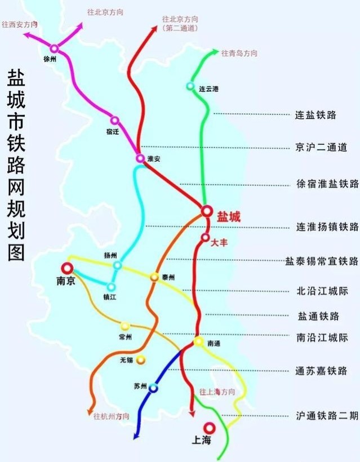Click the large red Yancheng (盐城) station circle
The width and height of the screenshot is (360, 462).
(207, 210)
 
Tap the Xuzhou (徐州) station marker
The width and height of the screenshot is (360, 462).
(54, 48)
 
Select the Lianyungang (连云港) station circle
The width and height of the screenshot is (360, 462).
(190, 86)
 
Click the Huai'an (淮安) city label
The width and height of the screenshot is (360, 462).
(154, 159)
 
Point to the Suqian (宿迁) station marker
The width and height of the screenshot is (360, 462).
(114, 121)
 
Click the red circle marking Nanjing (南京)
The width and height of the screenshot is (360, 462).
(68, 268)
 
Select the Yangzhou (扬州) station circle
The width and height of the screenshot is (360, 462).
(117, 265)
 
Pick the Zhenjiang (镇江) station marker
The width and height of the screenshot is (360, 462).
(112, 287)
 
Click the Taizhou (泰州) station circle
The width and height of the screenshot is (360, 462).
(154, 277)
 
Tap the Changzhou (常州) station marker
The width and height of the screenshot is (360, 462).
(125, 326)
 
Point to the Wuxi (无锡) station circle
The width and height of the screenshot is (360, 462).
(141, 359)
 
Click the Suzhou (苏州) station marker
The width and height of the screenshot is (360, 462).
(153, 388)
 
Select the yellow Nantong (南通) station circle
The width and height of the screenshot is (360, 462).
(198, 342)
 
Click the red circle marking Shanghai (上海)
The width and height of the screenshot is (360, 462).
(210, 427)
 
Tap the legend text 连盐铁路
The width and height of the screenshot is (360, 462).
(315, 115)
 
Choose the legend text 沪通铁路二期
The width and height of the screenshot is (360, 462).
(327, 416)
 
